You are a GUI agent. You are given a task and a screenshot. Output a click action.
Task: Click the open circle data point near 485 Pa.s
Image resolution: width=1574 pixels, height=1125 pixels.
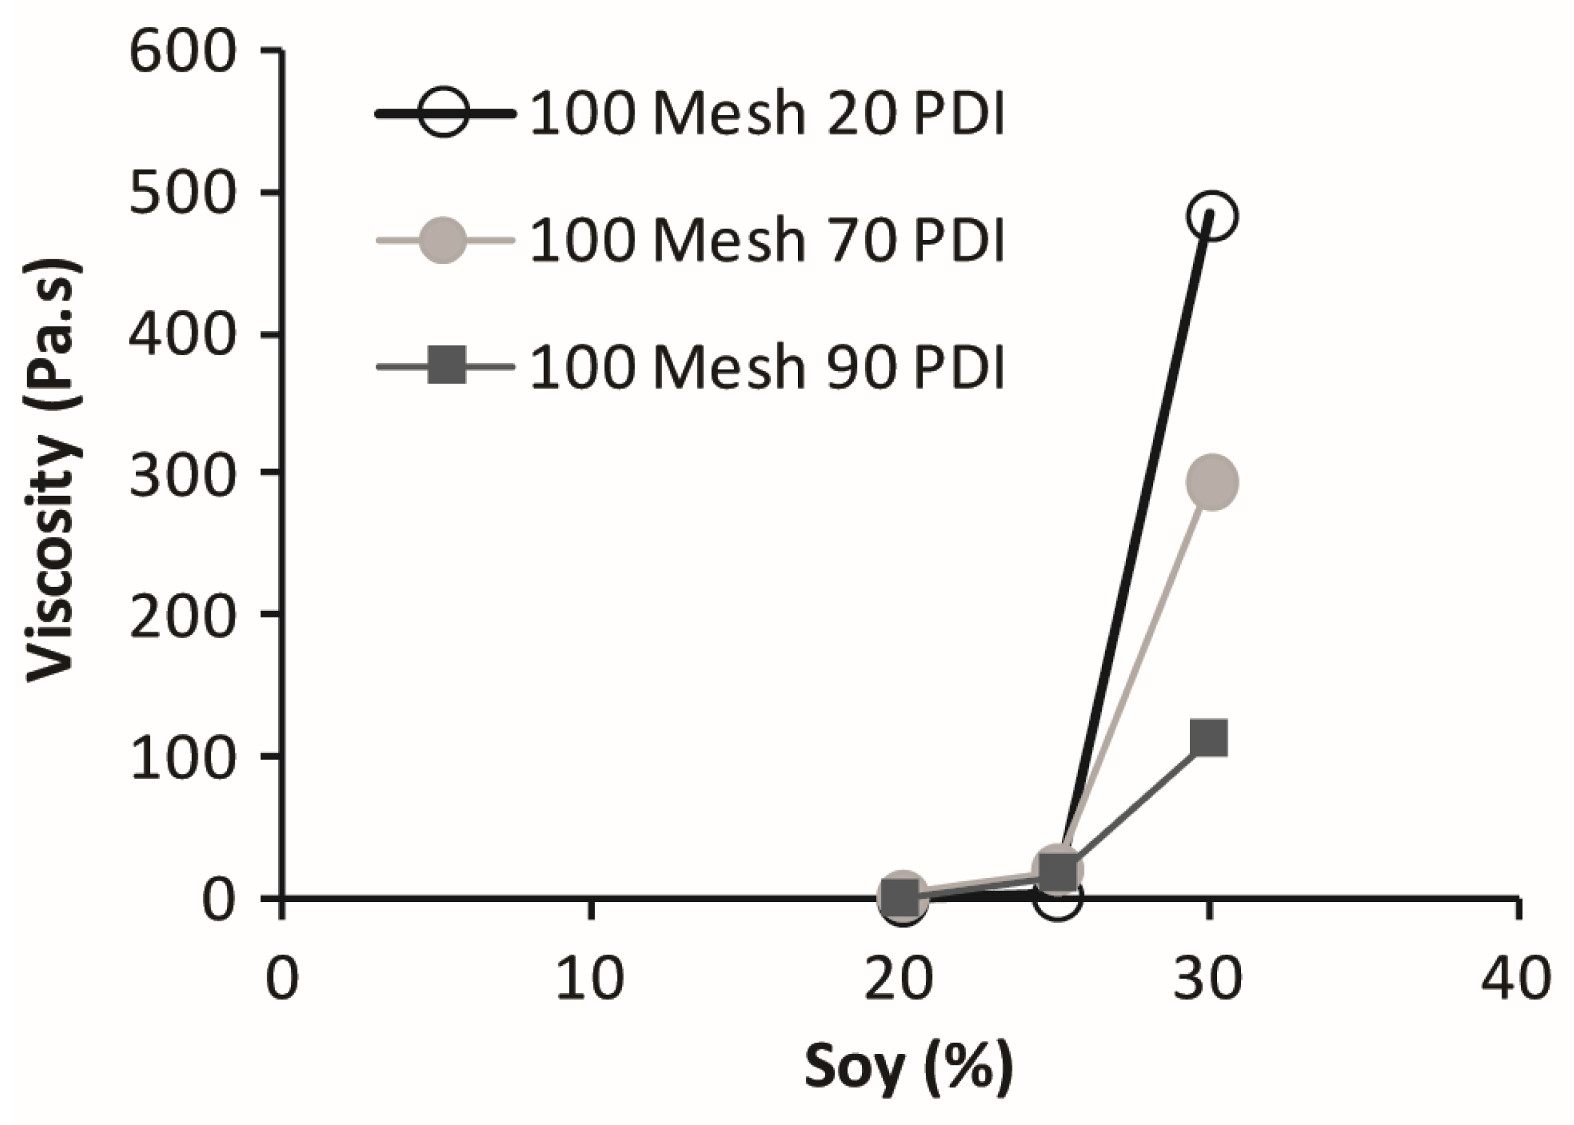pyautogui.click(x=1211, y=216)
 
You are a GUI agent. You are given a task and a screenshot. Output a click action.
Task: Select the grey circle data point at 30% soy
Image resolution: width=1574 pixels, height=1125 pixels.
pyautogui.click(x=1212, y=482)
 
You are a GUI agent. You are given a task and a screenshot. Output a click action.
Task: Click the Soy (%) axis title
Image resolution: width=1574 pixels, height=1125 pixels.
pyautogui.click(x=908, y=1067)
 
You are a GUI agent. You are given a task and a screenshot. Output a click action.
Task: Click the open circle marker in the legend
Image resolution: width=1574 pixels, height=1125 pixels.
pyautogui.click(x=444, y=114)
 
